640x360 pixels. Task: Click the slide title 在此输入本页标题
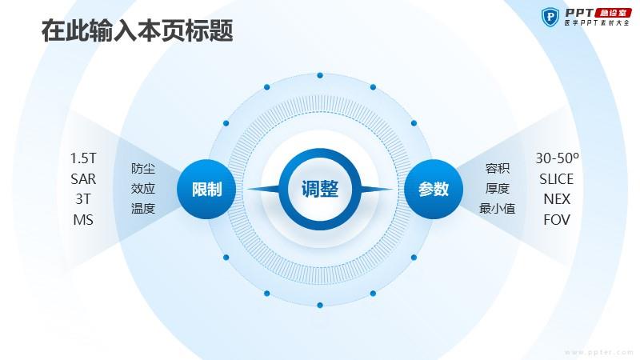(x=137, y=30)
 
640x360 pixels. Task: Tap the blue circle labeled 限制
(x=206, y=189)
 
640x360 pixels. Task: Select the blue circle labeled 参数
(x=434, y=189)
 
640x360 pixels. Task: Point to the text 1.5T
(x=83, y=158)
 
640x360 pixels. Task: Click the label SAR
(x=83, y=178)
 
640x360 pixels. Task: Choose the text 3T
(x=83, y=199)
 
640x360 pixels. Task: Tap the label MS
(x=83, y=220)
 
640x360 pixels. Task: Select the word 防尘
(x=143, y=168)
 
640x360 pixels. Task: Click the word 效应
(x=143, y=189)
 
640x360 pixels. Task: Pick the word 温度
(x=143, y=209)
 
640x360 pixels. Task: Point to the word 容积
(x=497, y=168)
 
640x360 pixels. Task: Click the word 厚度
(x=497, y=189)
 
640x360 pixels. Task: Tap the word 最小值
(x=497, y=209)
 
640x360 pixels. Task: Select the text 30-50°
(x=557, y=158)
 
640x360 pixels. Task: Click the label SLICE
(x=557, y=178)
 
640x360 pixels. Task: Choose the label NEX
(x=557, y=199)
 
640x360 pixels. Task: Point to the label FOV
(x=557, y=220)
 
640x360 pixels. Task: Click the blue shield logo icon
(x=550, y=17)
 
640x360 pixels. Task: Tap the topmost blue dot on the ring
(x=320, y=75)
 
